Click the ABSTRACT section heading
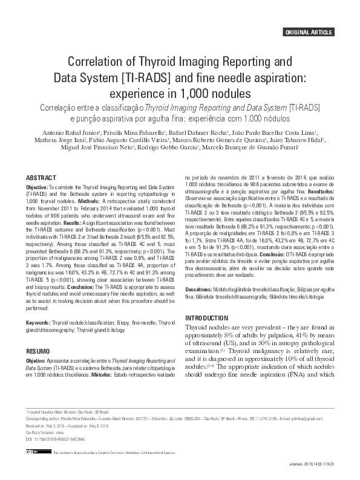click(42, 178)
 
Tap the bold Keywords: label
click(38, 323)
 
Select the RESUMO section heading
click(38, 351)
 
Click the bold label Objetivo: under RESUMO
click(37, 361)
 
